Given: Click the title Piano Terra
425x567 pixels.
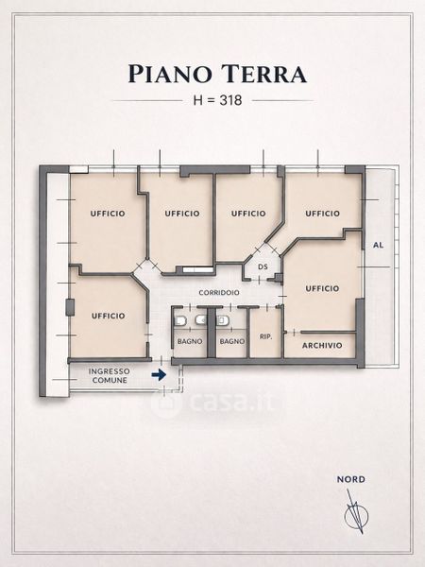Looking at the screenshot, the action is click(x=217, y=74).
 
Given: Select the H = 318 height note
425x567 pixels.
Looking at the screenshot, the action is click(x=217, y=100).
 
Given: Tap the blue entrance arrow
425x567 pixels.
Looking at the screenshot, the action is click(x=159, y=375).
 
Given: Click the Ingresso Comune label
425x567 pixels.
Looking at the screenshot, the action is click(x=110, y=376).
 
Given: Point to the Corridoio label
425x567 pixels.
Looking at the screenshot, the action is click(x=219, y=293).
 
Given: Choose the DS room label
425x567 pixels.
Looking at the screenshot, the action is click(x=263, y=266).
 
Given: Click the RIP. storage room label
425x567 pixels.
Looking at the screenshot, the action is click(x=266, y=336).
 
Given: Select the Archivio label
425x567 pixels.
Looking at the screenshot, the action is click(x=322, y=345).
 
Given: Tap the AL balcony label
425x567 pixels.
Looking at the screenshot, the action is click(x=378, y=245).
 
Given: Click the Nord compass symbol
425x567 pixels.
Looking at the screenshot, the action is click(x=356, y=514).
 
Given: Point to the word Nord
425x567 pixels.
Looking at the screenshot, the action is click(x=351, y=479).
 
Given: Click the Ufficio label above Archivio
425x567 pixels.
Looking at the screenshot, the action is click(x=322, y=288).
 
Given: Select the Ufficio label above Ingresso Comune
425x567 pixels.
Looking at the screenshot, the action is click(x=108, y=316).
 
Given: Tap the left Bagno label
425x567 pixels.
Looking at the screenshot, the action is click(x=190, y=341).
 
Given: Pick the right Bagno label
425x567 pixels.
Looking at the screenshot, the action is click(x=232, y=341).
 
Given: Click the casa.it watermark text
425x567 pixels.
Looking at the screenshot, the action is click(x=231, y=402).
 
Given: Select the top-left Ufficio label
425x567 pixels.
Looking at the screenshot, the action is click(x=108, y=214).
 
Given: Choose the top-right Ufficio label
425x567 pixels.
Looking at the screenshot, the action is click(x=322, y=214).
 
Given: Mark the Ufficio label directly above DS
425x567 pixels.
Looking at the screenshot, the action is click(x=248, y=214).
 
